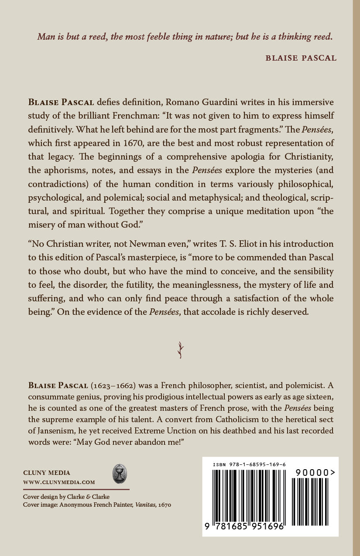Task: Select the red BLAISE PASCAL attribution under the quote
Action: click(x=301, y=58)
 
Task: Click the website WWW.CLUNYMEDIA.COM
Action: click(x=59, y=482)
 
